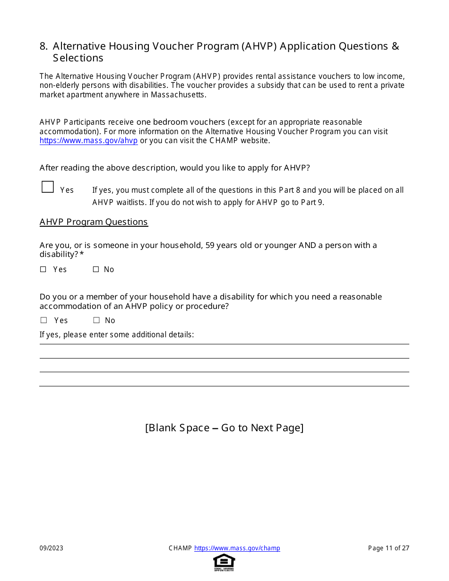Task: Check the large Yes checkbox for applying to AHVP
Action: coord(48,187)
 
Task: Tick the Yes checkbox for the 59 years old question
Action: coord(43,269)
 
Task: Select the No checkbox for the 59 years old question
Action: coord(96,269)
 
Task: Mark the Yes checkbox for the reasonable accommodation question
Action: coord(44,320)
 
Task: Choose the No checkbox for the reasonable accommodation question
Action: coord(96,320)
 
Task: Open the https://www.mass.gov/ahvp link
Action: coord(88,141)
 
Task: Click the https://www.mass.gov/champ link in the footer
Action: coord(237,548)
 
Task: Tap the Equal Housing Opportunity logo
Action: coord(224,562)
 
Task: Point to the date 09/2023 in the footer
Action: coord(52,548)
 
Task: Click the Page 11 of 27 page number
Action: coord(389,548)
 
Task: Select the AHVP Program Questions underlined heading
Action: coord(94,222)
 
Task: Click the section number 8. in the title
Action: coord(44,46)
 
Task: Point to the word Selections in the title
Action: coord(78,58)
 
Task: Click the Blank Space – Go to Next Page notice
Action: coord(224,427)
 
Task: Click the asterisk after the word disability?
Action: coord(82,255)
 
